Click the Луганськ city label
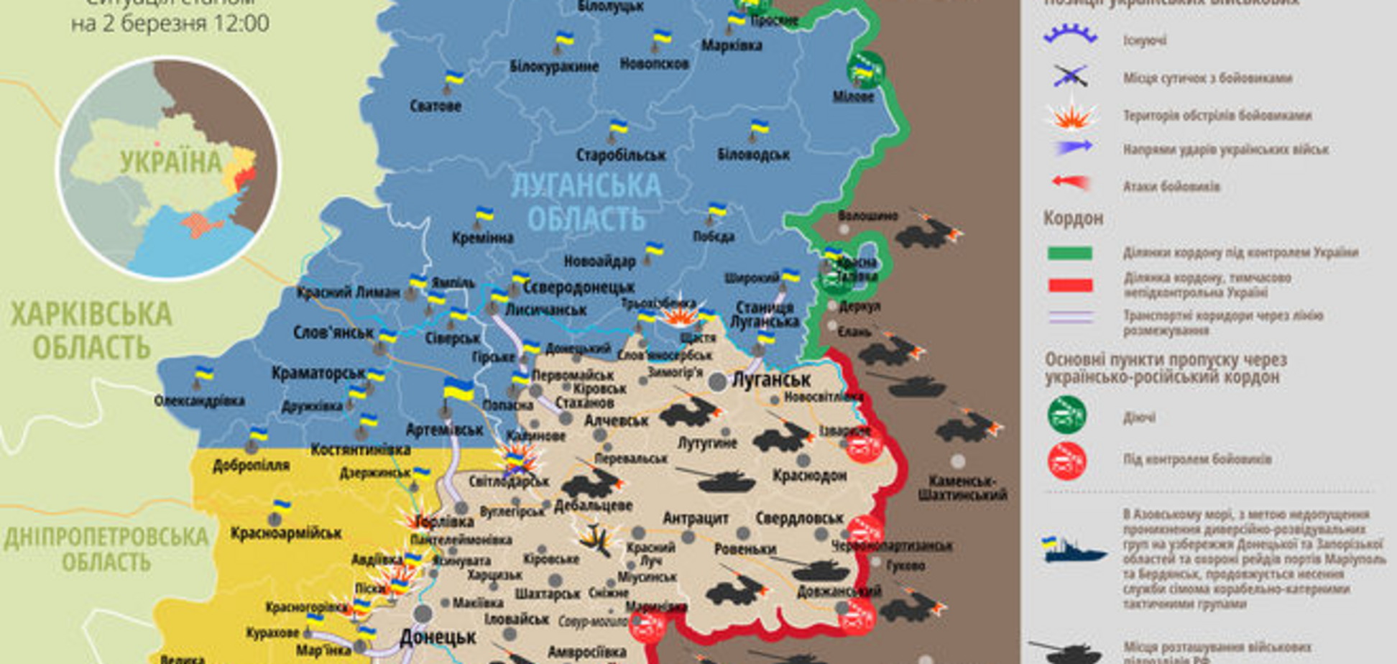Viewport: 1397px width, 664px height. tap(770, 379)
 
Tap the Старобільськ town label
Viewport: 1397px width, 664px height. tap(621, 155)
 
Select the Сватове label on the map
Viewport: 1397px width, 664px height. tap(435, 106)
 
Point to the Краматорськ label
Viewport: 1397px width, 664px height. tap(318, 373)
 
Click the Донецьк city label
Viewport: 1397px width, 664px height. tap(438, 637)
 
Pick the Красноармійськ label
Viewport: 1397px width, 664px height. tap(286, 533)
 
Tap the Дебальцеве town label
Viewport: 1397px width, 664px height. tap(593, 505)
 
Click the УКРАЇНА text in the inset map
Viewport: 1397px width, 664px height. tap(171, 162)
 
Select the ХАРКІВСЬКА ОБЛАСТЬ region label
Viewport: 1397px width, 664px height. tap(91, 331)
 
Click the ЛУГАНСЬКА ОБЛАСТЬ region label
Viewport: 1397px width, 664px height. tap(586, 201)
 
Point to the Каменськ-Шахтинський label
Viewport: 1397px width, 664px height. tap(962, 487)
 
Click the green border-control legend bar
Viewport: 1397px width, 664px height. tap(1070, 253)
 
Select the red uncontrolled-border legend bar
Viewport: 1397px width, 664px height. tap(1070, 285)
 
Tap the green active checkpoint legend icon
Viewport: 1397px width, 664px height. tap(1066, 415)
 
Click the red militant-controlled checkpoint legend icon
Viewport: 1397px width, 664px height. tap(1066, 461)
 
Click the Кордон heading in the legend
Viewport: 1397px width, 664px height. tap(1072, 218)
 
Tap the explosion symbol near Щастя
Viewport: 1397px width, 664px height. tap(676, 315)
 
